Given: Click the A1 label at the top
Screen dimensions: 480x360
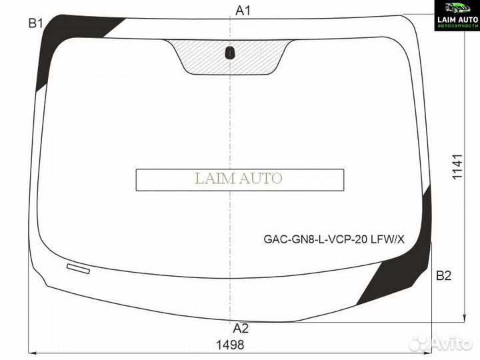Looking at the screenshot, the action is coord(243,11).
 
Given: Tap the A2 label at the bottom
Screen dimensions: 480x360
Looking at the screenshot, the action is coord(241,328).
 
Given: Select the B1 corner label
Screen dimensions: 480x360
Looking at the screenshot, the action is coord(35,23).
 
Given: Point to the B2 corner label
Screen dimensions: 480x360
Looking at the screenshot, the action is coord(443,276).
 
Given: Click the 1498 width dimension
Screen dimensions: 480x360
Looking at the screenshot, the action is coord(230,345).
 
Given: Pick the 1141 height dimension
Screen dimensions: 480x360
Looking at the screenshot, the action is coord(457,167).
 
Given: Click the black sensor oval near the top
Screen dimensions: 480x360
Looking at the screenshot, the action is coord(229,53).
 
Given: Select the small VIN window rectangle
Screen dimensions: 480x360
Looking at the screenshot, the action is coord(79,269).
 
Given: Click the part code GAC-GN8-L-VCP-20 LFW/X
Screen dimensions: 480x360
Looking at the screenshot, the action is coord(334,239).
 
